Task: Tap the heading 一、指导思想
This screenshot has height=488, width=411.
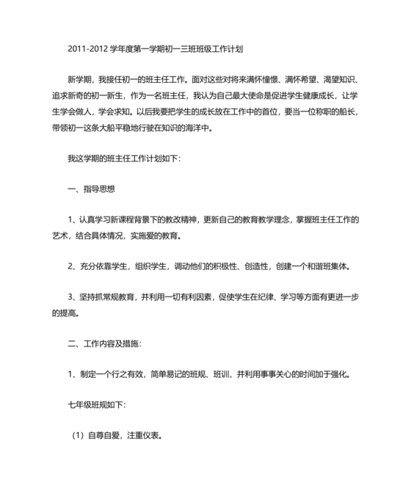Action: [x=92, y=189]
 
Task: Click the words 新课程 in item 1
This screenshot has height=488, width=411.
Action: [x=134, y=221]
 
